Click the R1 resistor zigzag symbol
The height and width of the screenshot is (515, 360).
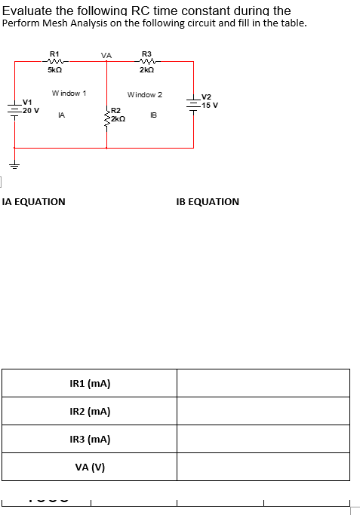(54, 62)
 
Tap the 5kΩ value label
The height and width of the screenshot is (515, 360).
(54, 70)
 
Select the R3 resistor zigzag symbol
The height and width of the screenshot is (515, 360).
(147, 62)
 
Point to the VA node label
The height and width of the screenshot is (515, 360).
(106, 55)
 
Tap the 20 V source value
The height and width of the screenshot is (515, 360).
(30, 110)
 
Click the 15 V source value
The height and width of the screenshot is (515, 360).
(210, 105)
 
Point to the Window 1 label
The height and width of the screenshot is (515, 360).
(69, 93)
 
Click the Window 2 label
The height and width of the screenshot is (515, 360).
(145, 95)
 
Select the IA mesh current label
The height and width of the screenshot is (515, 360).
(61, 115)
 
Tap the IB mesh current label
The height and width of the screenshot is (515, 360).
(153, 115)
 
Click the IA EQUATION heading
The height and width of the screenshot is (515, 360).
(34, 202)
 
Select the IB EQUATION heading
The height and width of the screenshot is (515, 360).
(208, 202)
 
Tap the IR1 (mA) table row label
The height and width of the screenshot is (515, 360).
(90, 383)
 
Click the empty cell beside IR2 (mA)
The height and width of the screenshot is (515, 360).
(263, 411)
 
